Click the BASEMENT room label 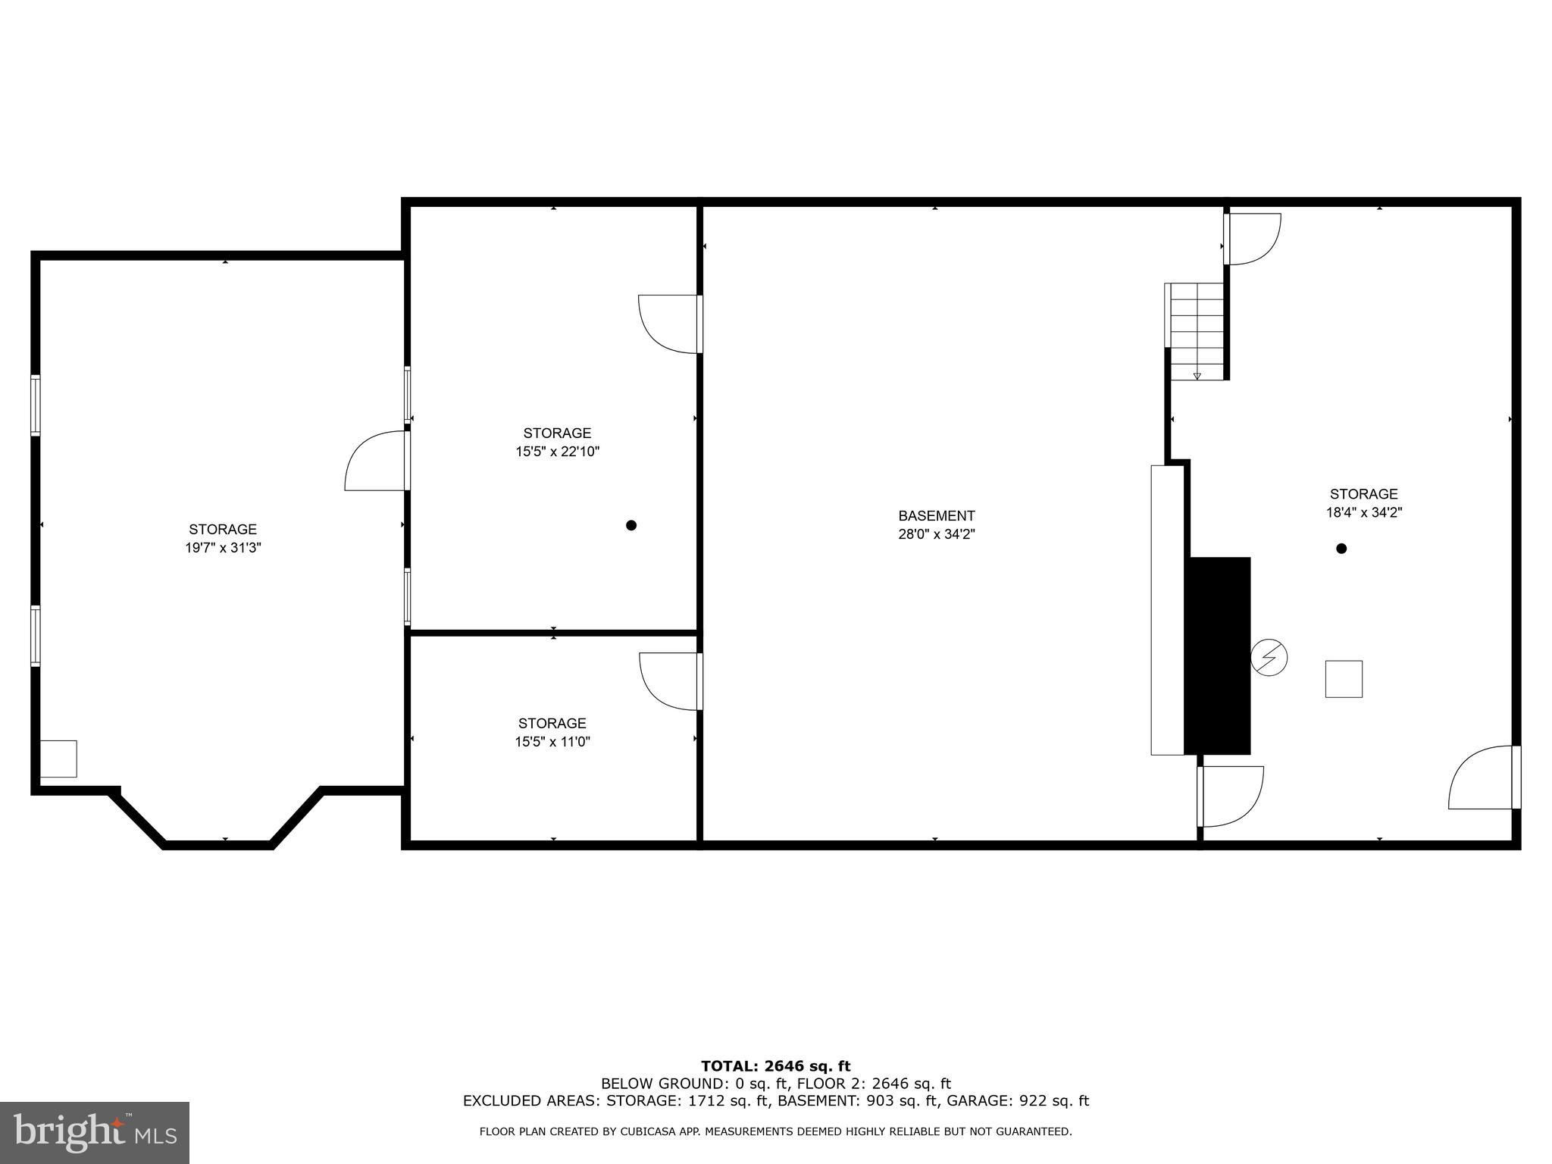tap(936, 516)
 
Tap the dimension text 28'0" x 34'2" tap(936, 534)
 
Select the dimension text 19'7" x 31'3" tap(223, 548)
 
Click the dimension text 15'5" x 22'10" tap(557, 452)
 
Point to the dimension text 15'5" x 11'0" tap(552, 742)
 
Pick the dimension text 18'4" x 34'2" tap(1363, 512)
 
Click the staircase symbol tap(1197, 331)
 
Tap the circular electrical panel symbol tap(1269, 658)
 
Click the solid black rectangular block tap(1217, 656)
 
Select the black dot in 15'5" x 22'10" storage tap(631, 525)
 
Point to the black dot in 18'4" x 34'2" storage tap(1341, 549)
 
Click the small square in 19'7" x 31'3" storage tap(58, 759)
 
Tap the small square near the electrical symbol tap(1344, 679)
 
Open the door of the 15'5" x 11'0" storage tap(671, 681)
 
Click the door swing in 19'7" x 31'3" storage tap(377, 462)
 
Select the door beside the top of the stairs tap(1252, 239)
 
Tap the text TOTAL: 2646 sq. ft tap(775, 1066)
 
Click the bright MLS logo tap(94, 1132)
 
